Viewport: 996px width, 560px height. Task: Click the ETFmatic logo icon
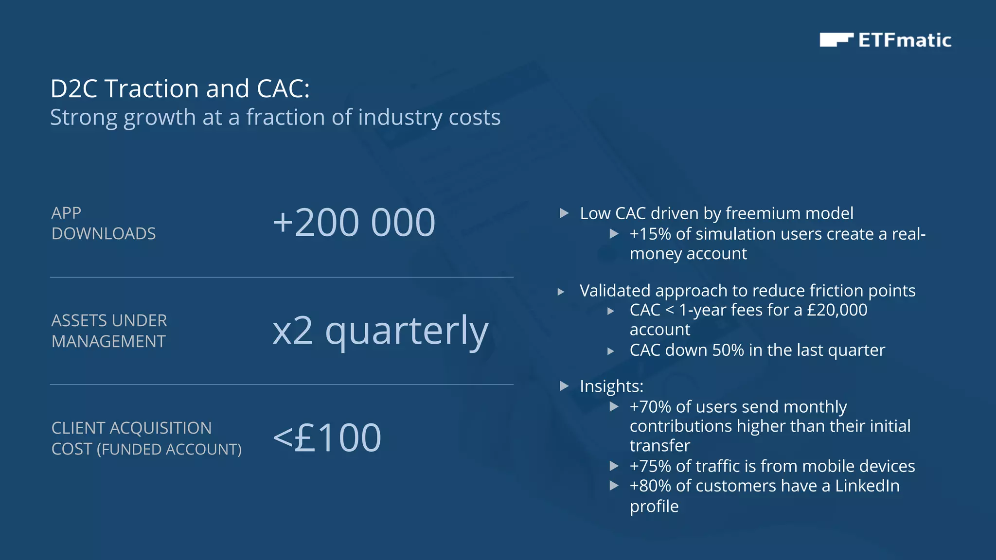pyautogui.click(x=836, y=40)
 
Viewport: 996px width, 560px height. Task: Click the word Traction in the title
pyautogui.click(x=152, y=89)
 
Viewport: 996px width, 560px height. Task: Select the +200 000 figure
pyautogui.click(x=354, y=223)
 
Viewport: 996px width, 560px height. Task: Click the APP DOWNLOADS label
pyautogui.click(x=104, y=223)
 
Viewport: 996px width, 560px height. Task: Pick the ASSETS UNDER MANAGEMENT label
pyautogui.click(x=109, y=331)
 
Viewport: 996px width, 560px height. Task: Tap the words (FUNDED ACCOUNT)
pyautogui.click(x=169, y=449)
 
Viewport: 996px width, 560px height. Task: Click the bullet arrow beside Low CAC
pyautogui.click(x=564, y=213)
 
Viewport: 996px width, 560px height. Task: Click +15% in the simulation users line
pyautogui.click(x=650, y=234)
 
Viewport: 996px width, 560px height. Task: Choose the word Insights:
pyautogui.click(x=611, y=386)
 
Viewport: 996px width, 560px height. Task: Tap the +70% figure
pyautogui.click(x=650, y=407)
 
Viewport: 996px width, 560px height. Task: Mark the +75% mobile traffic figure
pyautogui.click(x=650, y=466)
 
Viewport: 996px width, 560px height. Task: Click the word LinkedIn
pyautogui.click(x=867, y=486)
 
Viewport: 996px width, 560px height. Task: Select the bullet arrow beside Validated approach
pyautogui.click(x=561, y=292)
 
